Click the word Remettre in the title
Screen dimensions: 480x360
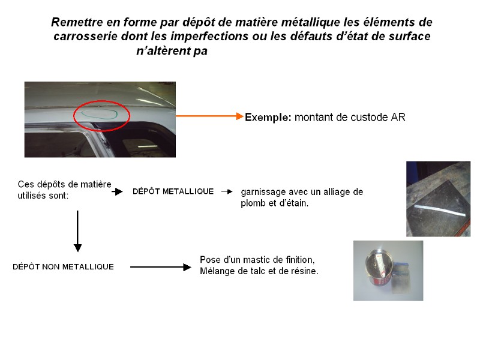click(77, 22)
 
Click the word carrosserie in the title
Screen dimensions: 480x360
click(86, 37)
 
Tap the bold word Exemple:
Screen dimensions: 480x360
click(268, 117)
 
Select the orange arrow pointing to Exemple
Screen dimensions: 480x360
click(209, 116)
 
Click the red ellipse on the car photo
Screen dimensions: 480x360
click(101, 101)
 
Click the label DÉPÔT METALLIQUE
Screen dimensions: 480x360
click(173, 191)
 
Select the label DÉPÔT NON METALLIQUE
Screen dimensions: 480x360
click(63, 266)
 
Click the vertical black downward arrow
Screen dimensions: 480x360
click(77, 231)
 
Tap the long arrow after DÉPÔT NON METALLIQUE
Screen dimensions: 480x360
click(161, 267)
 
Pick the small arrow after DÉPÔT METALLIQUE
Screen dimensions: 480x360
click(227, 191)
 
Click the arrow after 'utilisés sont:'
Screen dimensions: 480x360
click(117, 191)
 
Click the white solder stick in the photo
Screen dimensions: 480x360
click(440, 211)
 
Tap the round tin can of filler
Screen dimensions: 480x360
click(378, 267)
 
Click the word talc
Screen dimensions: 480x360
click(259, 271)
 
